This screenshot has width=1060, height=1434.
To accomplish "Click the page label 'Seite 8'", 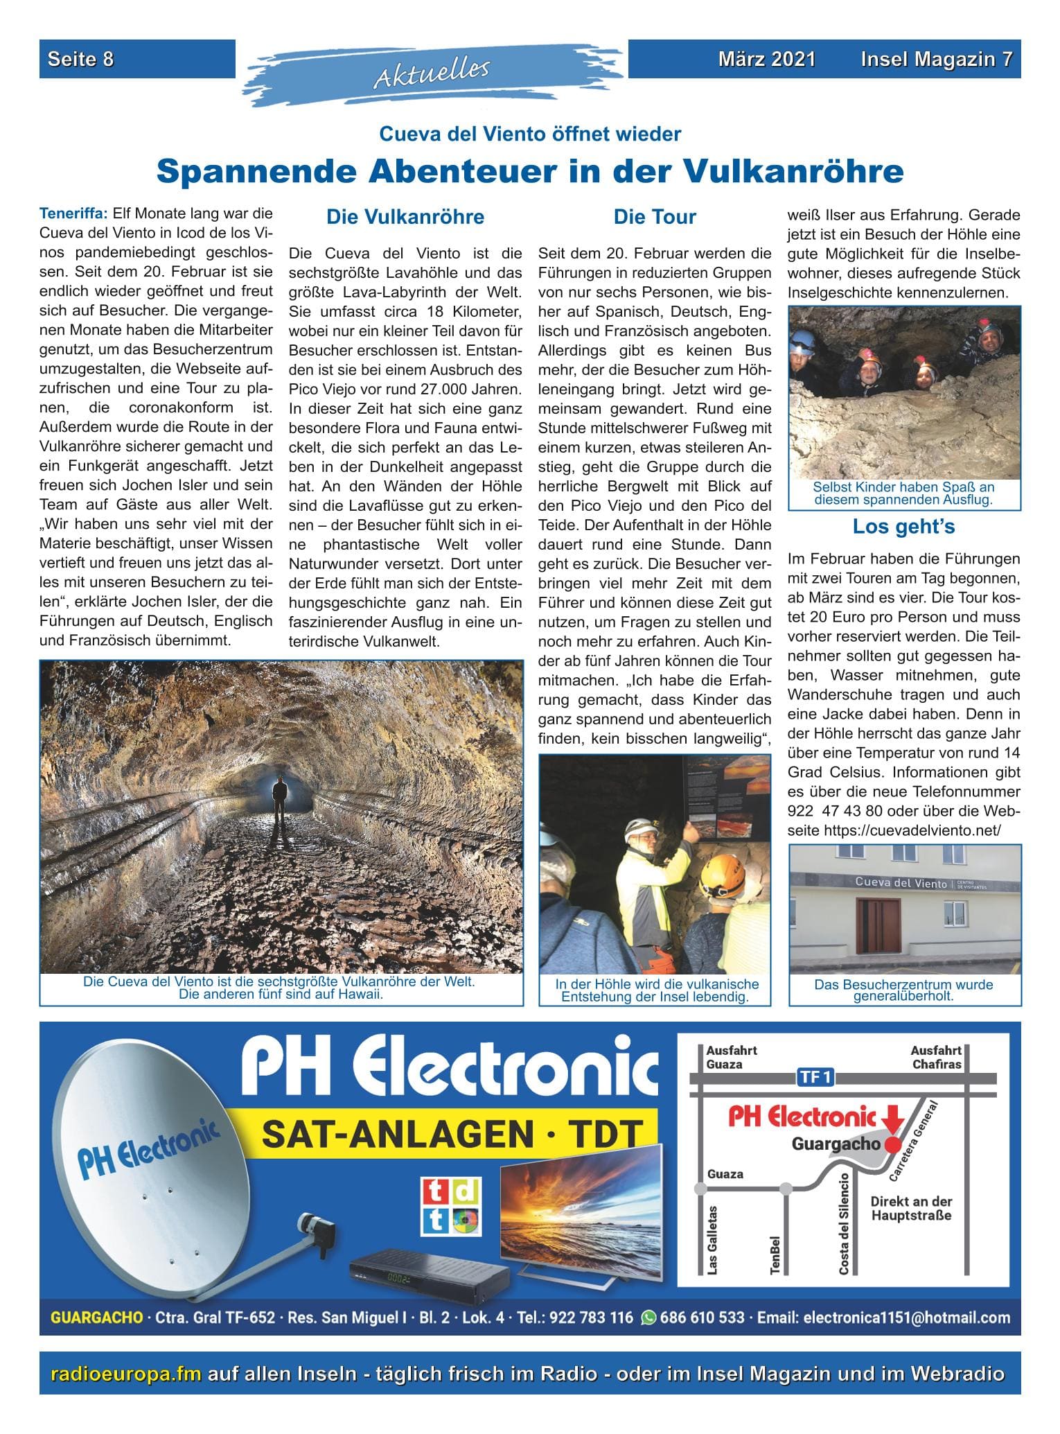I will pyautogui.click(x=80, y=59).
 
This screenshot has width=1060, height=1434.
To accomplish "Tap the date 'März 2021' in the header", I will pyautogui.click(x=766, y=59).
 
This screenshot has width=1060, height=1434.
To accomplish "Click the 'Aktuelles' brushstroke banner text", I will pyautogui.click(x=432, y=73).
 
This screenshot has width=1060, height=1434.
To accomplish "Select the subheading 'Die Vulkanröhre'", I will pyautogui.click(x=405, y=217).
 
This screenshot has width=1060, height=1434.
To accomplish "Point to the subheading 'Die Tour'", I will pyautogui.click(x=654, y=217).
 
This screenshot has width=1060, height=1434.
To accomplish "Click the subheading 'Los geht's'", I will pyautogui.click(x=903, y=527).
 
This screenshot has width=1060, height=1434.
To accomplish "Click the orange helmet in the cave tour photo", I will pyautogui.click(x=721, y=875).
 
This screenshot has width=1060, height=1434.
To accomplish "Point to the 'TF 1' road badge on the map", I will pyautogui.click(x=818, y=1077).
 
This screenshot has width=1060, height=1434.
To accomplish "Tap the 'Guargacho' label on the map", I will pyautogui.click(x=836, y=1144).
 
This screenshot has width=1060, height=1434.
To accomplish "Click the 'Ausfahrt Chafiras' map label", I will pyautogui.click(x=936, y=1057).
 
